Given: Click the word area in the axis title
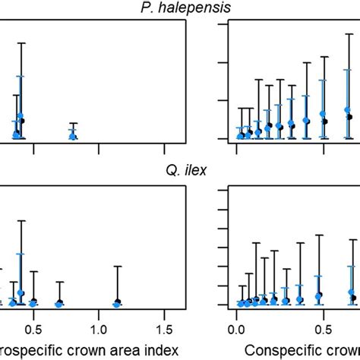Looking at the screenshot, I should (x=132, y=350).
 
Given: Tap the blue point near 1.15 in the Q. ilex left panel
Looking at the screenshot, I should (x=117, y=304).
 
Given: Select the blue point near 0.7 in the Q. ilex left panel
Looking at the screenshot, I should (x=59, y=304).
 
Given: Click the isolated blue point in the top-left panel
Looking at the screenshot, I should (x=73, y=135).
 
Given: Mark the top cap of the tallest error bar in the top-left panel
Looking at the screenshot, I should (x=22, y=44).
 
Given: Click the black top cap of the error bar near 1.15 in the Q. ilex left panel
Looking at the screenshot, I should (x=117, y=267).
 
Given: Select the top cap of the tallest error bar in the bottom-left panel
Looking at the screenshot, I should (x=21, y=221).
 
